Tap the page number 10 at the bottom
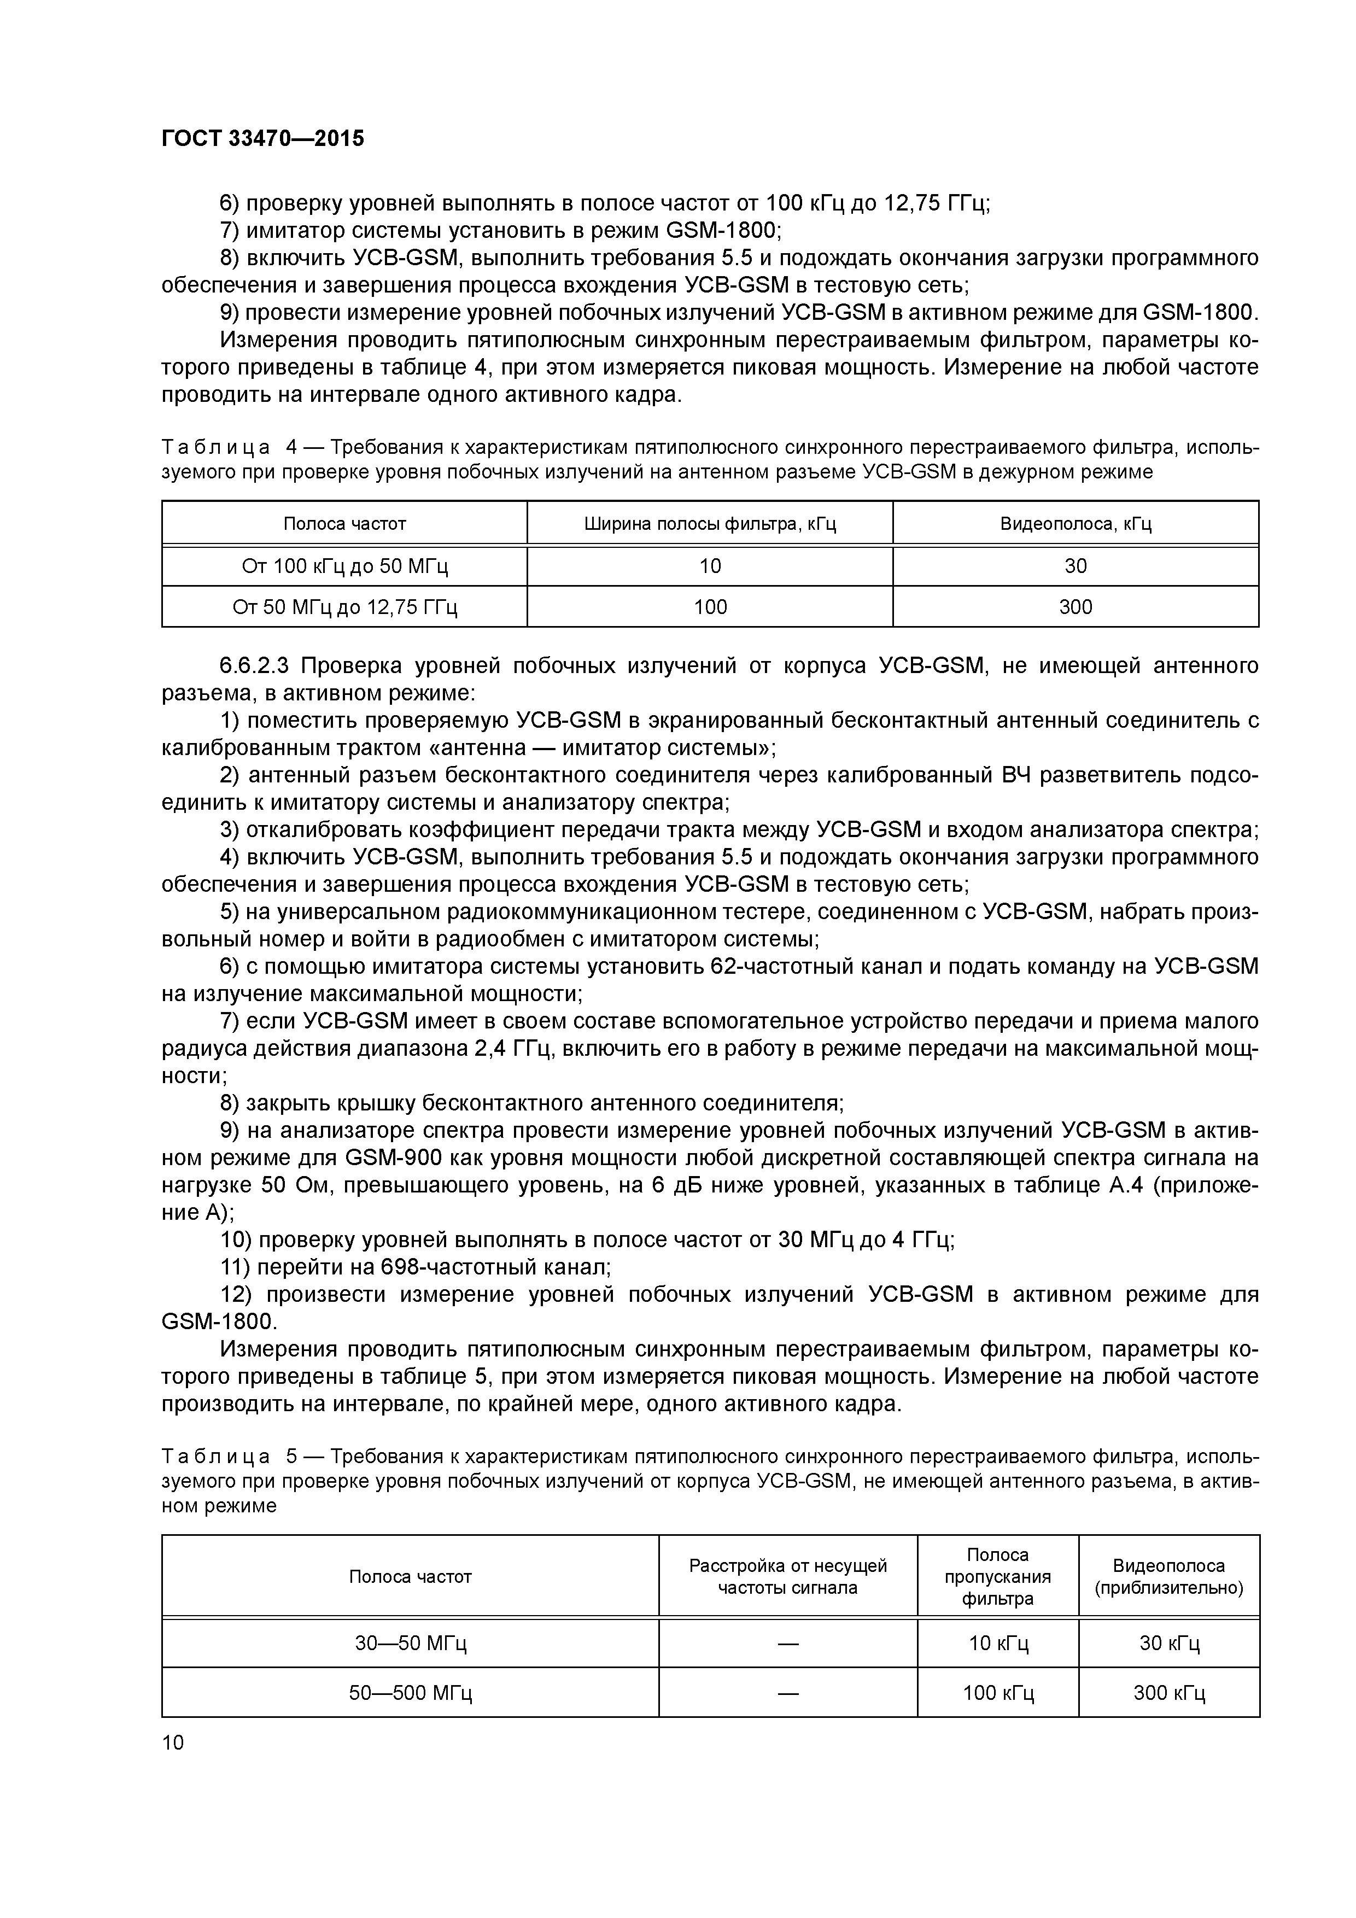[172, 1742]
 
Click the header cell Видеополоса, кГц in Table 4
[1076, 524]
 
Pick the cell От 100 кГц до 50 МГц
[344, 566]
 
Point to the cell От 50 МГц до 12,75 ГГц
[344, 606]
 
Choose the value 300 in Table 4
[1076, 606]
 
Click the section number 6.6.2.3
[254, 666]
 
